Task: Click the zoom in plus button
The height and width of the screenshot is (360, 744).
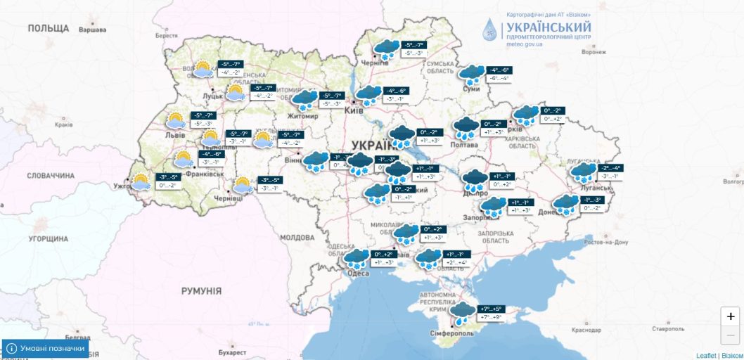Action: click(x=731, y=316)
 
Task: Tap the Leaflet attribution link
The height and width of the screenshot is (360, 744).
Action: click(x=705, y=356)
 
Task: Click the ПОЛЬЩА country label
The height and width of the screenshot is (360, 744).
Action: click(x=49, y=28)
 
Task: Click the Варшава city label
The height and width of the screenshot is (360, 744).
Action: click(x=92, y=30)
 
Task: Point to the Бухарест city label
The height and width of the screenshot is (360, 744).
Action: click(x=233, y=352)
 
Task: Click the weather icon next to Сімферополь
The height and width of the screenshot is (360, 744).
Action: click(x=463, y=312)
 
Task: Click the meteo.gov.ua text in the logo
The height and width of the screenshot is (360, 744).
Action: click(x=525, y=44)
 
